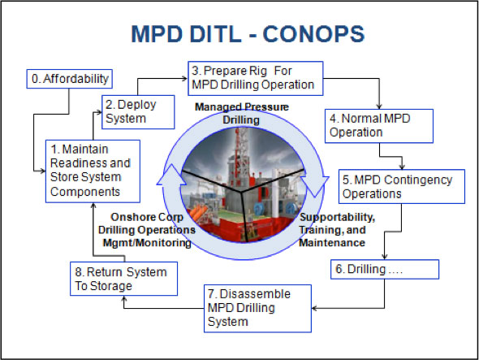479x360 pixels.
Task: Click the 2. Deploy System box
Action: (138, 111)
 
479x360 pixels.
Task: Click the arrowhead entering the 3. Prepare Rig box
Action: (184, 78)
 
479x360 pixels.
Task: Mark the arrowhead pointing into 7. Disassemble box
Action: (316, 308)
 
